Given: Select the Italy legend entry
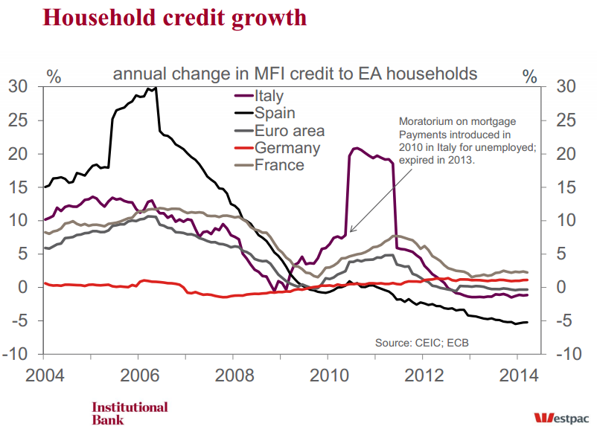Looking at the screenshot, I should point(269,96).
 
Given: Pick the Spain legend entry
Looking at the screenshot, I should point(274,113).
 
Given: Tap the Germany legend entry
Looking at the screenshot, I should point(287,148).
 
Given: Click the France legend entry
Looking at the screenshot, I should point(278,165).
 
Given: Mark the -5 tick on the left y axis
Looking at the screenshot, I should point(21,321).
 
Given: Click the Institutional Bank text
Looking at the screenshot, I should point(130,413).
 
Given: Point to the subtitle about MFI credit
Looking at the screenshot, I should point(295,74).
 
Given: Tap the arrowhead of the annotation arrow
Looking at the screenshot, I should point(349,232).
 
